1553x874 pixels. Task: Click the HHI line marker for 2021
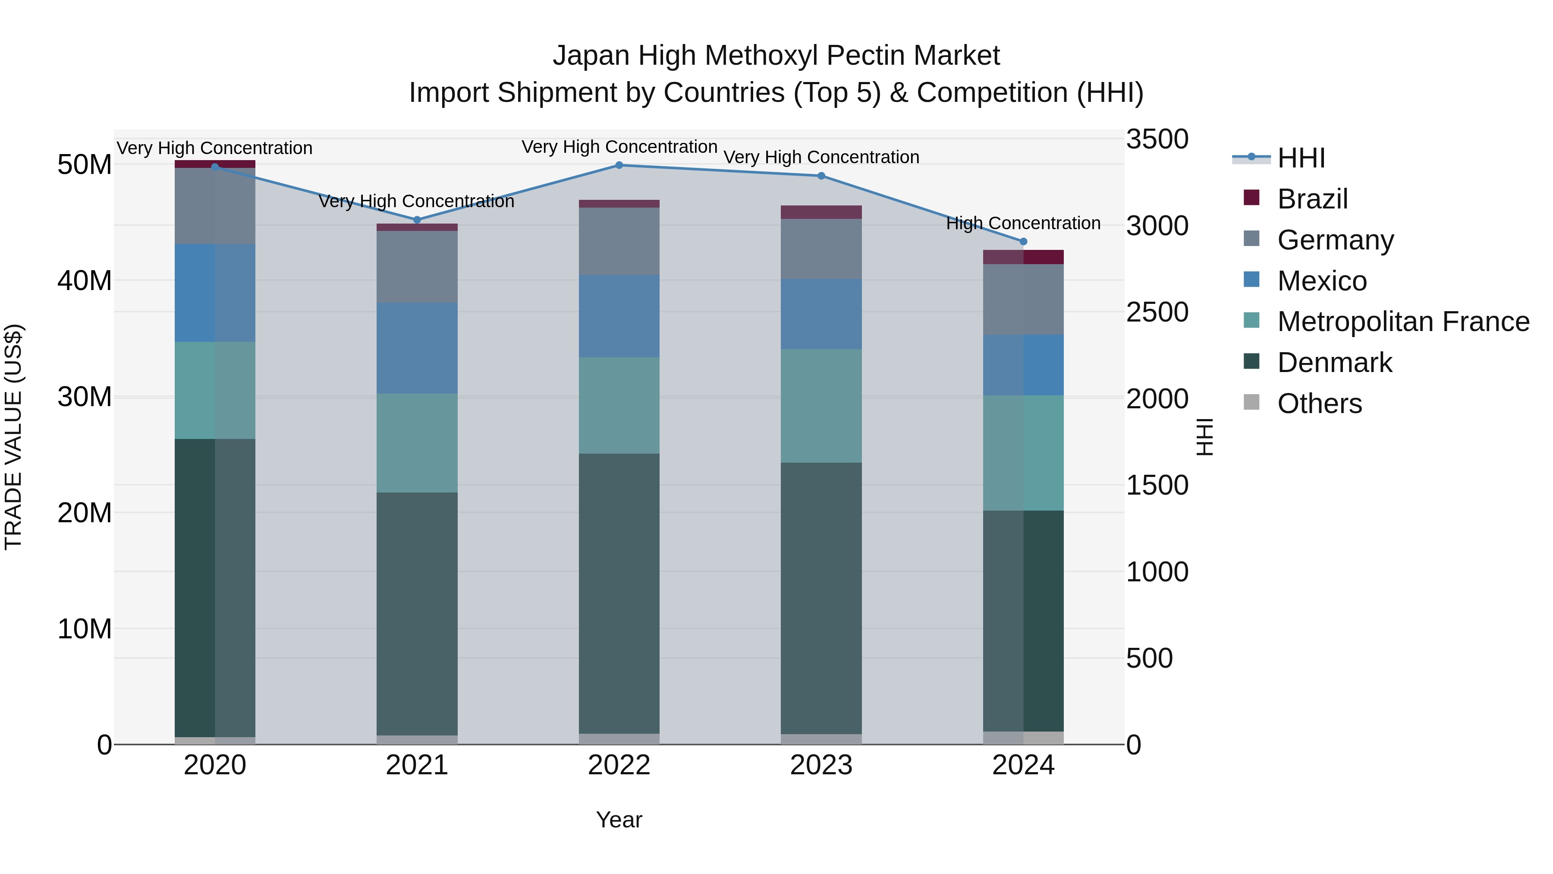point(417,220)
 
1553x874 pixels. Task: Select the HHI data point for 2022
point(619,165)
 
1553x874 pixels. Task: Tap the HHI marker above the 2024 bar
point(1023,242)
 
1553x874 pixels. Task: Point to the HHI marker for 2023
point(821,176)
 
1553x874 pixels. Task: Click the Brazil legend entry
point(1312,199)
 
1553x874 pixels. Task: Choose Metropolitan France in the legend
point(1403,322)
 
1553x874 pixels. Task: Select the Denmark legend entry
point(1334,363)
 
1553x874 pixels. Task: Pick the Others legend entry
point(1319,404)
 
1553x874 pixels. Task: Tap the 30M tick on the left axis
point(85,397)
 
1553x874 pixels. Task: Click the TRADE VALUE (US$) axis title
point(13,437)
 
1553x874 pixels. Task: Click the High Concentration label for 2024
point(1023,224)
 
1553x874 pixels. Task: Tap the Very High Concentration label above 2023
point(821,158)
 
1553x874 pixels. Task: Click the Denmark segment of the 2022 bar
point(619,594)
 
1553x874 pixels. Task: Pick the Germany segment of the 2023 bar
point(821,249)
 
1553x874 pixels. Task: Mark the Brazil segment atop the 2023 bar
point(821,212)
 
